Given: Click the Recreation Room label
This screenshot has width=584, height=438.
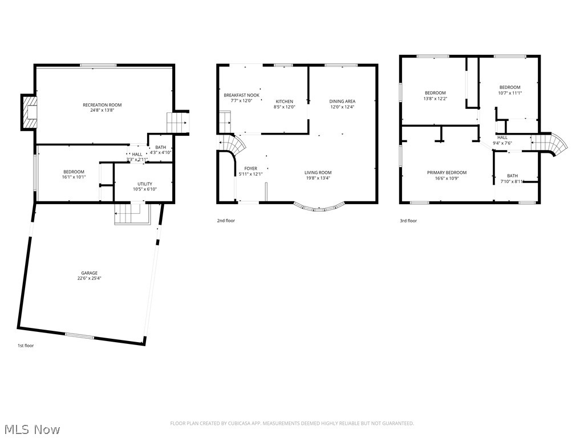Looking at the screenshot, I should click(x=102, y=105).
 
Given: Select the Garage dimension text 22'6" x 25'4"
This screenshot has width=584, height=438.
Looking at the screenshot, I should click(x=88, y=279).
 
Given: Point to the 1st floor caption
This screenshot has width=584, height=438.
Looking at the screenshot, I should click(x=25, y=346).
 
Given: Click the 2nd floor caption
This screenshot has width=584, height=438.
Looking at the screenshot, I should click(x=225, y=221).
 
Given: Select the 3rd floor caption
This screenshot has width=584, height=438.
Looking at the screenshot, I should click(x=408, y=221).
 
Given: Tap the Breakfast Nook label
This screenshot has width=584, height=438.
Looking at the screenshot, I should click(x=241, y=95).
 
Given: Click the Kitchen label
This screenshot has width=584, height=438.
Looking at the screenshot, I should click(x=285, y=102).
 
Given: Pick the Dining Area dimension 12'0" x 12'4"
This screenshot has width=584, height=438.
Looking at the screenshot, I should click(x=342, y=107).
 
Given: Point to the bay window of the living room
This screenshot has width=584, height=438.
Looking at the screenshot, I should click(x=320, y=208).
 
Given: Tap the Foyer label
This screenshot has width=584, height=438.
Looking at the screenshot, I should click(x=251, y=168).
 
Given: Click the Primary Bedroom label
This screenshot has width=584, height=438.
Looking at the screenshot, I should click(x=447, y=173).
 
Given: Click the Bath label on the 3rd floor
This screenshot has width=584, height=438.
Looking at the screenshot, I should click(x=512, y=176).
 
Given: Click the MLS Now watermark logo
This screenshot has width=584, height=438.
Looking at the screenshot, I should click(x=31, y=429).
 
